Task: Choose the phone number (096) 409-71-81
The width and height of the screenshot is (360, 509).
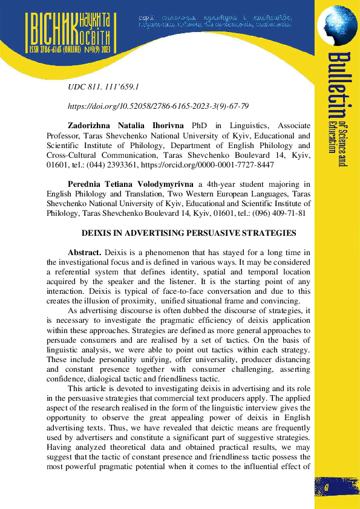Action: tap(285, 213)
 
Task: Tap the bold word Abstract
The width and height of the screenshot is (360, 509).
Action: tap(85, 252)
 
